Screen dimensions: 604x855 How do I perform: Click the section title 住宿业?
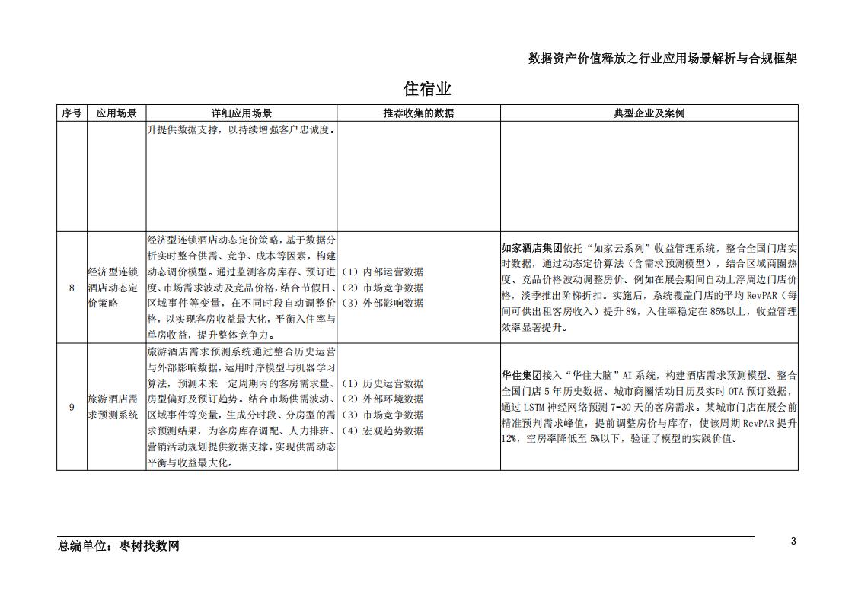pyautogui.click(x=427, y=89)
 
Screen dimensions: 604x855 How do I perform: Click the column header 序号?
pyautogui.click(x=72, y=113)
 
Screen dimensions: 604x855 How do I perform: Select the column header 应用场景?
pyautogui.click(x=116, y=113)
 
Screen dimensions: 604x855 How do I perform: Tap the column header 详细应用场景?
pyautogui.click(x=241, y=113)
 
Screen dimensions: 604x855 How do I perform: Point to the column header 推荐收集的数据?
pyautogui.click(x=418, y=113)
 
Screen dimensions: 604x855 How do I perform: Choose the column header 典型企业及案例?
pyautogui.click(x=649, y=113)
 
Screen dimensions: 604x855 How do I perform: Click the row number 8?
pyautogui.click(x=72, y=288)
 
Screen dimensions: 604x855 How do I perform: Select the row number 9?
pyautogui.click(x=72, y=407)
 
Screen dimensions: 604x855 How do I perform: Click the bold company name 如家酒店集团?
pyautogui.click(x=531, y=248)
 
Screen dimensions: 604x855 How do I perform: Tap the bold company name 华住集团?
pyautogui.click(x=521, y=376)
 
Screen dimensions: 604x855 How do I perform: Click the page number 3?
pyautogui.click(x=793, y=542)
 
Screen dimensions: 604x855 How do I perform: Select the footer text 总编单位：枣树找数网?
pyautogui.click(x=119, y=546)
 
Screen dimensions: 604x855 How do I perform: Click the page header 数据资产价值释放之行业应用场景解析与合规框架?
pyautogui.click(x=662, y=59)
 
